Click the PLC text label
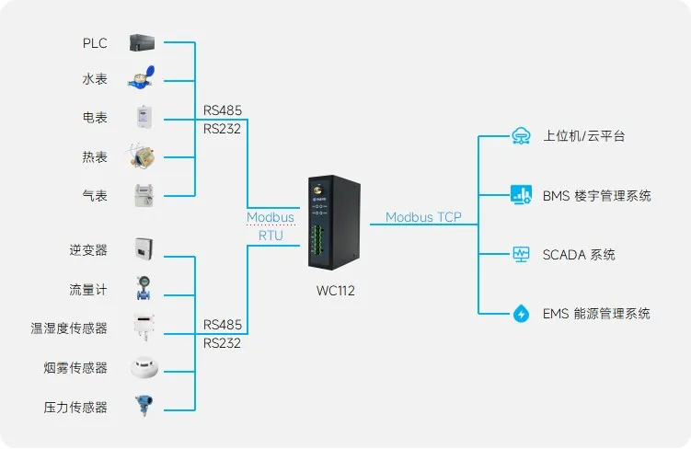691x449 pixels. pos(95,43)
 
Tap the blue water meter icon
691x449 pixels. pos(142,78)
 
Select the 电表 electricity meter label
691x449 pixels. pos(95,118)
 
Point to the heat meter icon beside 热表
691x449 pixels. pos(142,155)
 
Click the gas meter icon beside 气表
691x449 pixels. pos(144,195)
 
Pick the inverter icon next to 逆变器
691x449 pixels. pos(144,248)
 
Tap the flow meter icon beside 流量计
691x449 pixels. pos(144,289)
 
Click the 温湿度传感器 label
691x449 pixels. pos(69,328)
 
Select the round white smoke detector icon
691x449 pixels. pos(144,366)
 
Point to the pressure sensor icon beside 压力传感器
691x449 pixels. pos(144,406)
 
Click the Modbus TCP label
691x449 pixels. pos(423,217)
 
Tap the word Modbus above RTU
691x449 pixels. pos(271,217)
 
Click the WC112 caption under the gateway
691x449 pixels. pos(335,291)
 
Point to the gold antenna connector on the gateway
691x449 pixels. pos(317,190)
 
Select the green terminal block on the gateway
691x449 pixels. pos(317,240)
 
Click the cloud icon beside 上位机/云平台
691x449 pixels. pos(522,136)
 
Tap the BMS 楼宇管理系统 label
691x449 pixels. pos(597,196)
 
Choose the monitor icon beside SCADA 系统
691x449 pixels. pos(522,254)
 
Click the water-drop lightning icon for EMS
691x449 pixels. pos(522,313)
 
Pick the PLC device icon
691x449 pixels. pos(142,42)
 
